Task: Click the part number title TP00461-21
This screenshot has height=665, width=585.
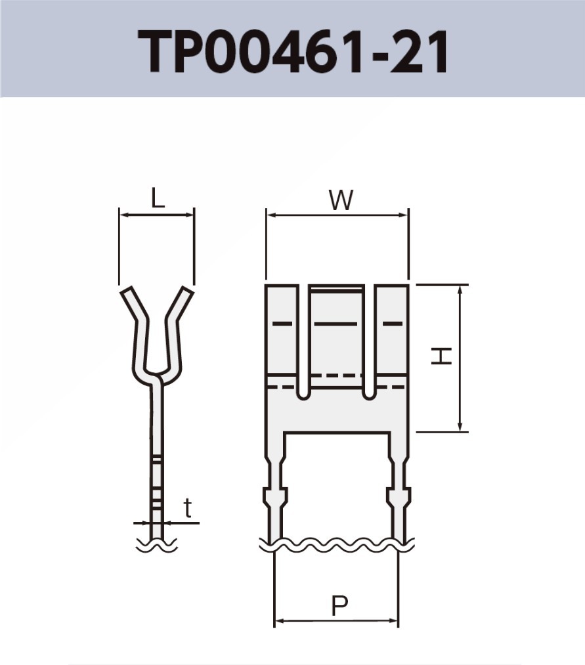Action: (293, 51)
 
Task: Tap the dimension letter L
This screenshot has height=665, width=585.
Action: (157, 198)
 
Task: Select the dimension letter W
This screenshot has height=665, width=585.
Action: (341, 200)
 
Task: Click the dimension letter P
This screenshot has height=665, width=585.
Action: (339, 606)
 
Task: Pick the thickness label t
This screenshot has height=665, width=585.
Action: (188, 508)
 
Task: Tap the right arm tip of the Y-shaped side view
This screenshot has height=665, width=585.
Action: (187, 291)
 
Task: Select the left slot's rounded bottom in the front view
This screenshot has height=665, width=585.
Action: (303, 394)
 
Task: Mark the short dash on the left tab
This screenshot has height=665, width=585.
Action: (282, 324)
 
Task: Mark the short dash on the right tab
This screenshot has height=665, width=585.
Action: (392, 324)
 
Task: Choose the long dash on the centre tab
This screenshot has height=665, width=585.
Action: (336, 324)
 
